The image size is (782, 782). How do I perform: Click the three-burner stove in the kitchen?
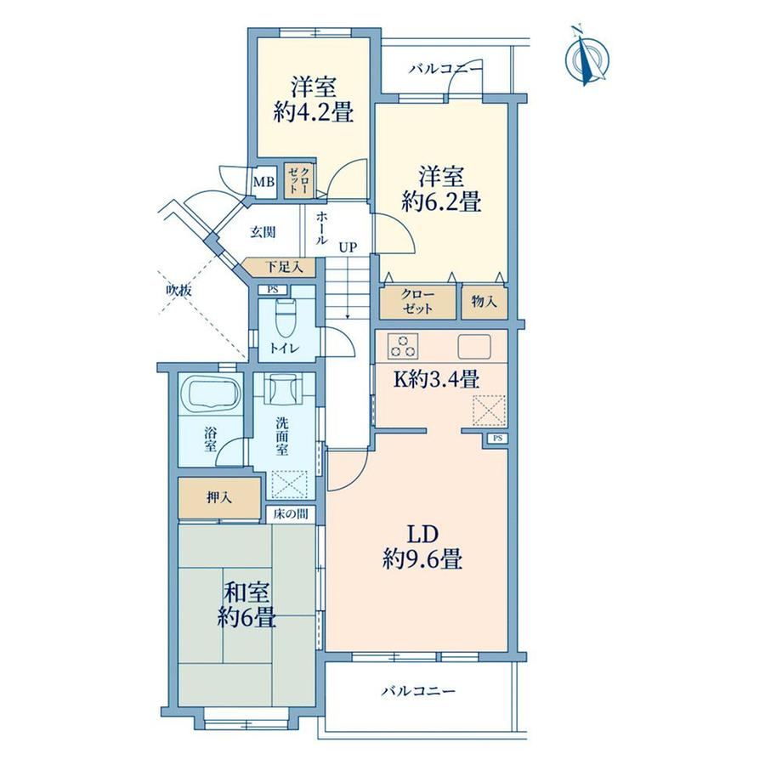[x=403, y=346]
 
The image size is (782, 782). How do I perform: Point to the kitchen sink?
[x=474, y=346]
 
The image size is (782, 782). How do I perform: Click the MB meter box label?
[x=263, y=182]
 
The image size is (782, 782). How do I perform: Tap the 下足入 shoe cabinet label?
[x=283, y=267]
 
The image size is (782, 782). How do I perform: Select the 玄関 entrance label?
[x=263, y=232]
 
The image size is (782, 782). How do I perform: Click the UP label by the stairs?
[x=348, y=246]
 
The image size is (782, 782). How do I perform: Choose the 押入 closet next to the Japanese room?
[x=220, y=498]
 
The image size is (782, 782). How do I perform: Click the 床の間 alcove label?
[x=290, y=514]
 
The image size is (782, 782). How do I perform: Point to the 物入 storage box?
[x=484, y=302]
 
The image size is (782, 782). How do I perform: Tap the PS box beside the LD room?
[x=497, y=439]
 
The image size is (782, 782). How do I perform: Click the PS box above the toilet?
[x=272, y=289]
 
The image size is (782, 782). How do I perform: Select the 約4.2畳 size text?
[x=314, y=113]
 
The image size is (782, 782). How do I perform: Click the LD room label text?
[x=423, y=534]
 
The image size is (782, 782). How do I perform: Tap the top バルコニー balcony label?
[x=446, y=69]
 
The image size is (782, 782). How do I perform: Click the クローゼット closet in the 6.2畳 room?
[x=418, y=302]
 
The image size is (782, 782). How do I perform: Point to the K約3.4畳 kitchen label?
[x=437, y=380]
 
